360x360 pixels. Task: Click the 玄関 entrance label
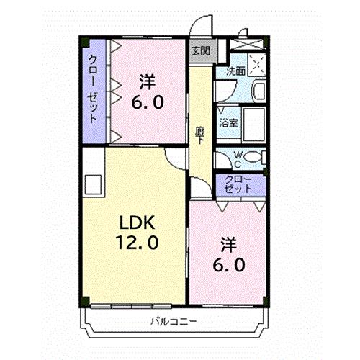[201, 50]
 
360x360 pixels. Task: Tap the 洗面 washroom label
[236, 71]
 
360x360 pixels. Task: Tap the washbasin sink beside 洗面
[258, 92]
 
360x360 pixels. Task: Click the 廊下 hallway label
[201, 135]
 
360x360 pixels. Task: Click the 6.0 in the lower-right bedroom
[228, 265]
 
